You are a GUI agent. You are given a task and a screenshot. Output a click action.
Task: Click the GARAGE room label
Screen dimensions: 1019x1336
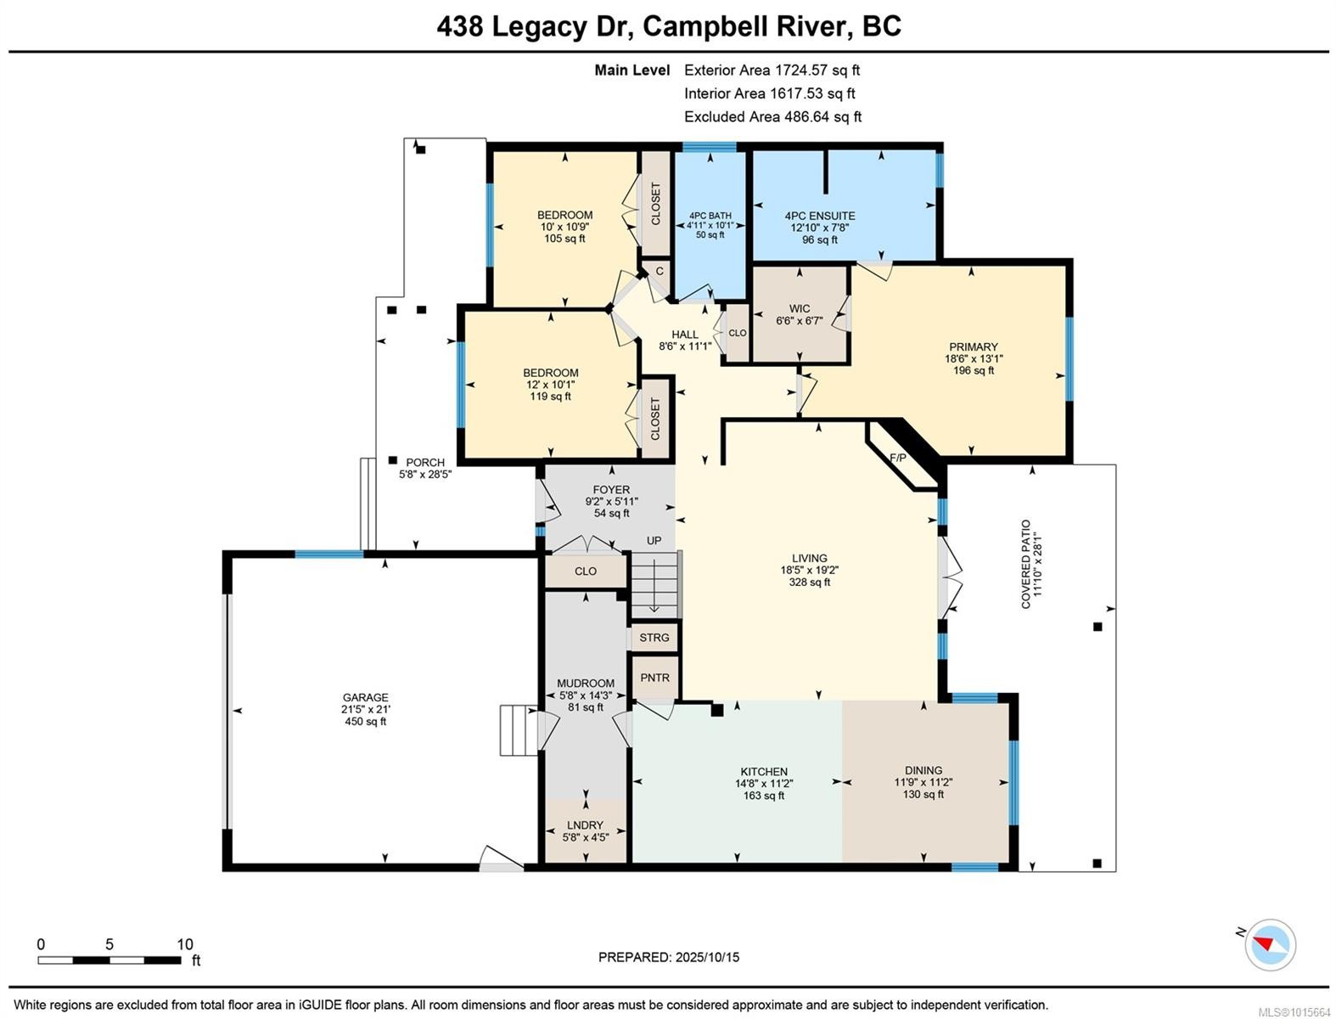[365, 697]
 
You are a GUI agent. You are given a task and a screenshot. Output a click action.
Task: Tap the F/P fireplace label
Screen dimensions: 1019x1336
[897, 459]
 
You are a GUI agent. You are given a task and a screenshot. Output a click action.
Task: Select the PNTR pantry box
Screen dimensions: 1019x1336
[654, 678]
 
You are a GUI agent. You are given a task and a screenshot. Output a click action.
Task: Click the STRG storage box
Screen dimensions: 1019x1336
[654, 638]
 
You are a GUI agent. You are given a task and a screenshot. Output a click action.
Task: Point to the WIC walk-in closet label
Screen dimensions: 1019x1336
[799, 309]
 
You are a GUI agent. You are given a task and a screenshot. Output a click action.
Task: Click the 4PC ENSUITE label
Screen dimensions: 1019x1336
[819, 216]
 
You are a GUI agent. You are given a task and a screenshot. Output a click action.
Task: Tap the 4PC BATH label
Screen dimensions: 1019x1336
[710, 216]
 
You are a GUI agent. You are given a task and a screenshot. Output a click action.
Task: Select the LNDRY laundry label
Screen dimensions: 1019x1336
[585, 825]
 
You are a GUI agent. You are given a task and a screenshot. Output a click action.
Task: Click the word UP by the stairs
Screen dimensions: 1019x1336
[654, 541]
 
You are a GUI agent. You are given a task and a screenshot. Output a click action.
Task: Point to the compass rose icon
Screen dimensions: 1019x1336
[1271, 944]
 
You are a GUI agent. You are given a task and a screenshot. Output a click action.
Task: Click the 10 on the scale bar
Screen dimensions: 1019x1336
[185, 944]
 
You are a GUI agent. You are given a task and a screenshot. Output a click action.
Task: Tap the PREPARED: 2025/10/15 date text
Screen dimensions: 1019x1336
[668, 957]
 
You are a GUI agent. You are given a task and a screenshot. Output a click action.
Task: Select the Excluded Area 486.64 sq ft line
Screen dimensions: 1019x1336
[772, 117]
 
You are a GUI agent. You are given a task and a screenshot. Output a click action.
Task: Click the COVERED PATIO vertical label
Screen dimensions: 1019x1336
[1025, 564]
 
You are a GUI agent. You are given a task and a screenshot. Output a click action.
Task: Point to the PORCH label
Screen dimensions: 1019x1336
[424, 463]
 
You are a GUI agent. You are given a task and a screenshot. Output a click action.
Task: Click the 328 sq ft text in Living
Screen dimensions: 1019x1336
[809, 583]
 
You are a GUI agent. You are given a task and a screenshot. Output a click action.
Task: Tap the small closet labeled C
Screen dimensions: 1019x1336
[659, 273]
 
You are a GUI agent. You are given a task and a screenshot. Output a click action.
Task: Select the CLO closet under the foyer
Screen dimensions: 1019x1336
[585, 571]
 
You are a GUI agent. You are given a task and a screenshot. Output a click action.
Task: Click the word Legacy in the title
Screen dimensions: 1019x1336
[538, 26]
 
